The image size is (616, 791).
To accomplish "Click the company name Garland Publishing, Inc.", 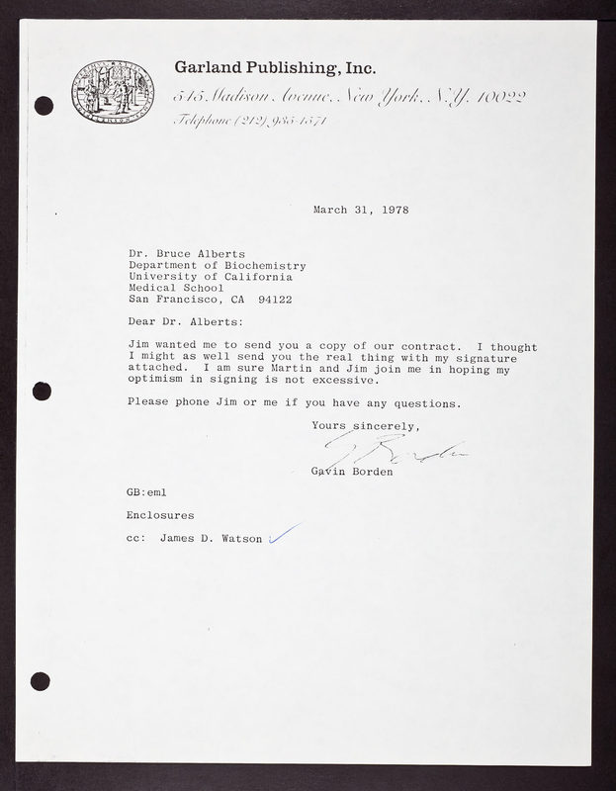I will click(274, 68).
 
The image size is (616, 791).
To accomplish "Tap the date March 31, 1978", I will click(361, 210).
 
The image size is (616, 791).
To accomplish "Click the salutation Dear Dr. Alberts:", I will click(184, 321).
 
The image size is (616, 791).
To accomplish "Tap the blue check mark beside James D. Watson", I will click(284, 535).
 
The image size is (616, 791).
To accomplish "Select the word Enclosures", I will click(160, 515).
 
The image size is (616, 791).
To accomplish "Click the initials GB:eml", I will click(149, 491).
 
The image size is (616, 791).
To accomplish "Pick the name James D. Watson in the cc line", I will click(211, 539).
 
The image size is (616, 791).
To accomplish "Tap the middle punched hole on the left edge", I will click(42, 391).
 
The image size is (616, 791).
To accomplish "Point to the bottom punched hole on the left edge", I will click(41, 680).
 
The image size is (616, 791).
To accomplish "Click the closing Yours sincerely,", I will click(366, 426).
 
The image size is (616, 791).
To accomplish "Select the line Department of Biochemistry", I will click(218, 266).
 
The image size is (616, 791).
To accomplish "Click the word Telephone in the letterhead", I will click(206, 121).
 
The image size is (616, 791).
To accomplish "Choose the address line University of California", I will click(211, 277).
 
